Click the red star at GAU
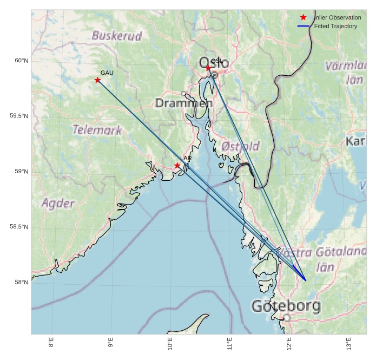pos(98,80)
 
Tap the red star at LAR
pos(177,166)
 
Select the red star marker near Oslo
pos(208,68)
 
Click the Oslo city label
pos(214,63)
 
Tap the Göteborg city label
pos(286,306)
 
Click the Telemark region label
pos(97,130)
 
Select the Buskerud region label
pos(117,36)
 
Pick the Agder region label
pos(58,204)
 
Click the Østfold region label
pos(241,146)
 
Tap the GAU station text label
pos(107,73)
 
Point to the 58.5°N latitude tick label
pos(19,227)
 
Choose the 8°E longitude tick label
pos(51,343)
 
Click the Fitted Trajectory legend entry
pos(335,26)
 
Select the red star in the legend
pos(304,17)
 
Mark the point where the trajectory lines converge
pos(306,280)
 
